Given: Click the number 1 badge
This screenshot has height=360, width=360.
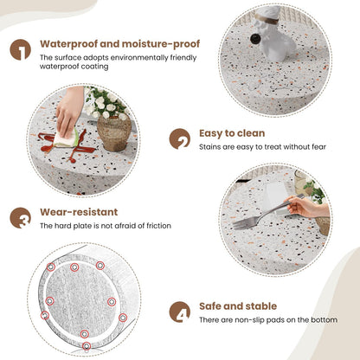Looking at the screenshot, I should pos(21,49).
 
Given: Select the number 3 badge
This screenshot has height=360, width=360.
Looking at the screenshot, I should pos(21,217).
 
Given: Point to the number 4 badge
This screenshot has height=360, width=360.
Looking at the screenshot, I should pos(180,312).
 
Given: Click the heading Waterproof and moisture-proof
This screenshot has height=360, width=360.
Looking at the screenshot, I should pos(119,43).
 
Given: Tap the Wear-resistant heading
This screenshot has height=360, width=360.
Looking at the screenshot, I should pos(79,211).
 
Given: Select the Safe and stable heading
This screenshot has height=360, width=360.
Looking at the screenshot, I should pos(239,305).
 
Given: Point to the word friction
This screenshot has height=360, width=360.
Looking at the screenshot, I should pos(156,226).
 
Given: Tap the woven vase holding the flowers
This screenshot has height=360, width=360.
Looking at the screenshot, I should pos(114,133).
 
